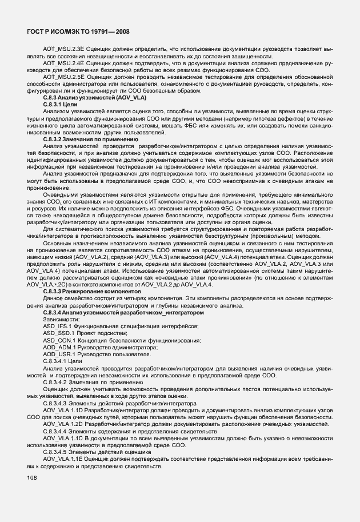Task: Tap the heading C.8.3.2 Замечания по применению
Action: (x=90, y=139)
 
